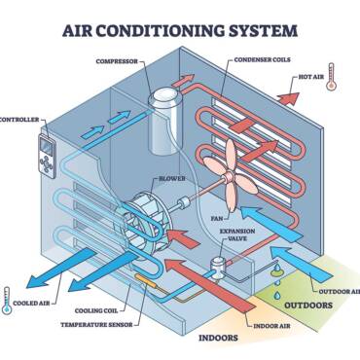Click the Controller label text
(18, 120)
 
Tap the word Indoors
(218, 340)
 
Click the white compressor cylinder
(164, 118)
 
